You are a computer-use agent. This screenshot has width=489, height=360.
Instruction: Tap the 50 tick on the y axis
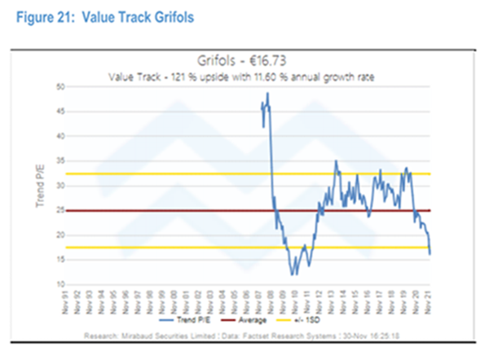(59, 86)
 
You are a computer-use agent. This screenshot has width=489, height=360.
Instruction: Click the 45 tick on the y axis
(59, 111)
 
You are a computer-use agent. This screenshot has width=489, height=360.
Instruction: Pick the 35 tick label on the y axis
(59, 160)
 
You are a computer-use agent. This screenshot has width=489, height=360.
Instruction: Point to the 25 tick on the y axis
(59, 211)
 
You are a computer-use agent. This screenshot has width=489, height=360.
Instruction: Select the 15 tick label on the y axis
(59, 261)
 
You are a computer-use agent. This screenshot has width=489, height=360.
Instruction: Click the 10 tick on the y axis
(59, 285)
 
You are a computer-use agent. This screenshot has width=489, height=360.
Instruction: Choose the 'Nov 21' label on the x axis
(429, 301)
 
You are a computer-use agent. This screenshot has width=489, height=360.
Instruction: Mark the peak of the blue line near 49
(267, 94)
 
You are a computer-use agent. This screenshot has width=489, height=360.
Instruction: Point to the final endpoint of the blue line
(430, 254)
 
